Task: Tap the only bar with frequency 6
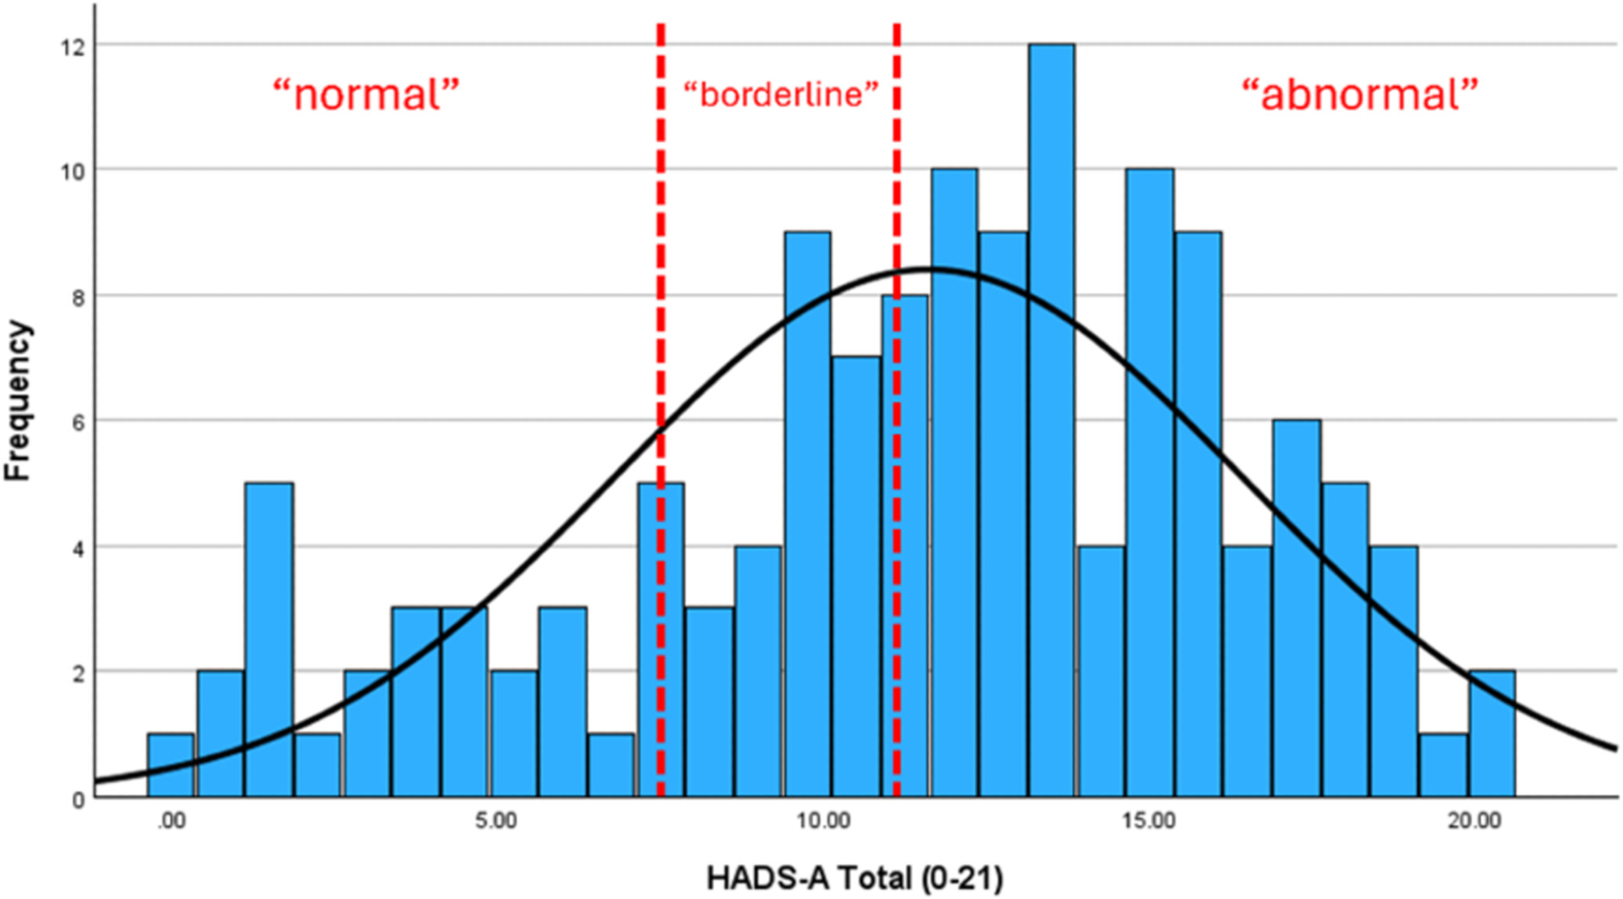pos(1296,609)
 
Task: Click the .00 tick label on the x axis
pos(170,821)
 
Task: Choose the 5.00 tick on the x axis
pos(496,821)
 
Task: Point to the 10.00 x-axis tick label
pos(823,821)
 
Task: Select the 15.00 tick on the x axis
pos(1149,821)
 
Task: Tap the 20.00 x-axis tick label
pos(1474,821)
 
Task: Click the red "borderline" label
pos(781,94)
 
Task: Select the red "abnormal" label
pos(1360,94)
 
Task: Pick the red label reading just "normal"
pos(366,94)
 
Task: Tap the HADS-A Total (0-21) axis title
pos(855,878)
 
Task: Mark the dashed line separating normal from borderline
pos(661,243)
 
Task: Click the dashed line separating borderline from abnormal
pos(897,203)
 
